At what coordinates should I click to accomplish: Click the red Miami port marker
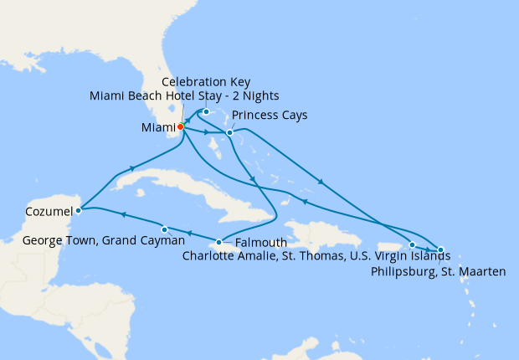click(180, 127)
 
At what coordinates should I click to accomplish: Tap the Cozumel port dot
click(78, 211)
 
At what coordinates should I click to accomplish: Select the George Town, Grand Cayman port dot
click(165, 229)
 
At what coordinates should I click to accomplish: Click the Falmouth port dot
click(218, 243)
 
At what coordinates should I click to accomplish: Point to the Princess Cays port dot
click(229, 132)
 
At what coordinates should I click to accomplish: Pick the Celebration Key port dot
click(206, 111)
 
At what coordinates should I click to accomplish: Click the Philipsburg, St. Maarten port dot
click(440, 250)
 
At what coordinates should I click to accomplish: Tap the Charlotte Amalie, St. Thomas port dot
click(412, 245)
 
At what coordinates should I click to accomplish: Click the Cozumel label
click(38, 212)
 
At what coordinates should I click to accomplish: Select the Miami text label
click(157, 128)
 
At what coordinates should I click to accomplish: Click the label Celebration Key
click(206, 82)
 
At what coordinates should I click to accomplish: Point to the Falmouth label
click(261, 243)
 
